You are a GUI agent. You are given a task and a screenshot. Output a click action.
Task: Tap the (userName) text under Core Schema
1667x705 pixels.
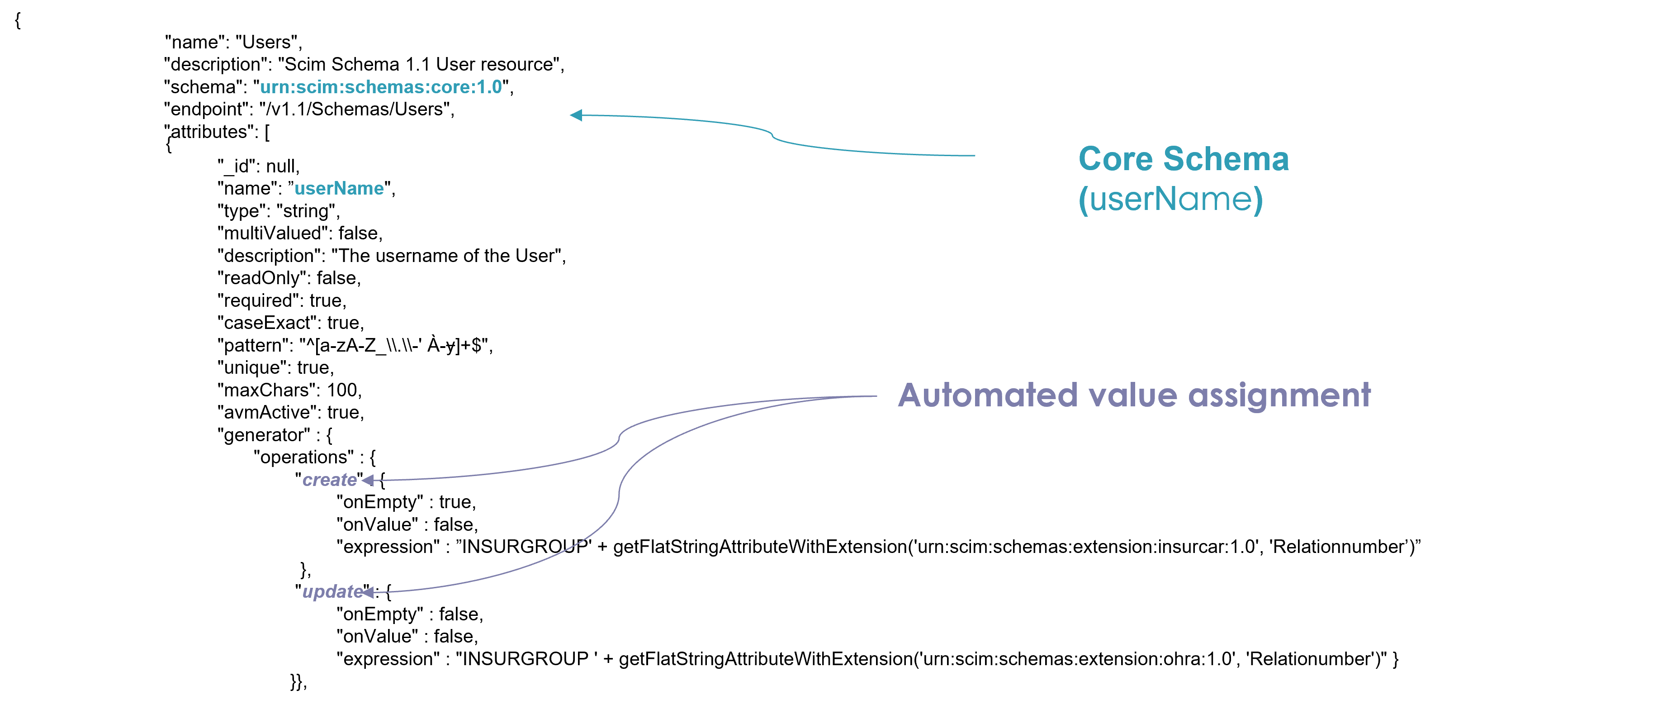[1170, 200]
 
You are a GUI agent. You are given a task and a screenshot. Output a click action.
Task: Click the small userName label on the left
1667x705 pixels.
[339, 188]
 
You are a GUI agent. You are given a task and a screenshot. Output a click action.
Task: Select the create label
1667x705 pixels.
[329, 480]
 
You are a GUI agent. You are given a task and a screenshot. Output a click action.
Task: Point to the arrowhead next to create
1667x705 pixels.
[368, 480]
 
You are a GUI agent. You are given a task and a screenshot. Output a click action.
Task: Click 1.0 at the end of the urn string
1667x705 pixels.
[488, 87]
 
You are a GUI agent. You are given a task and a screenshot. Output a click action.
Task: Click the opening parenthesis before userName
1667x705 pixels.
[1083, 200]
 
